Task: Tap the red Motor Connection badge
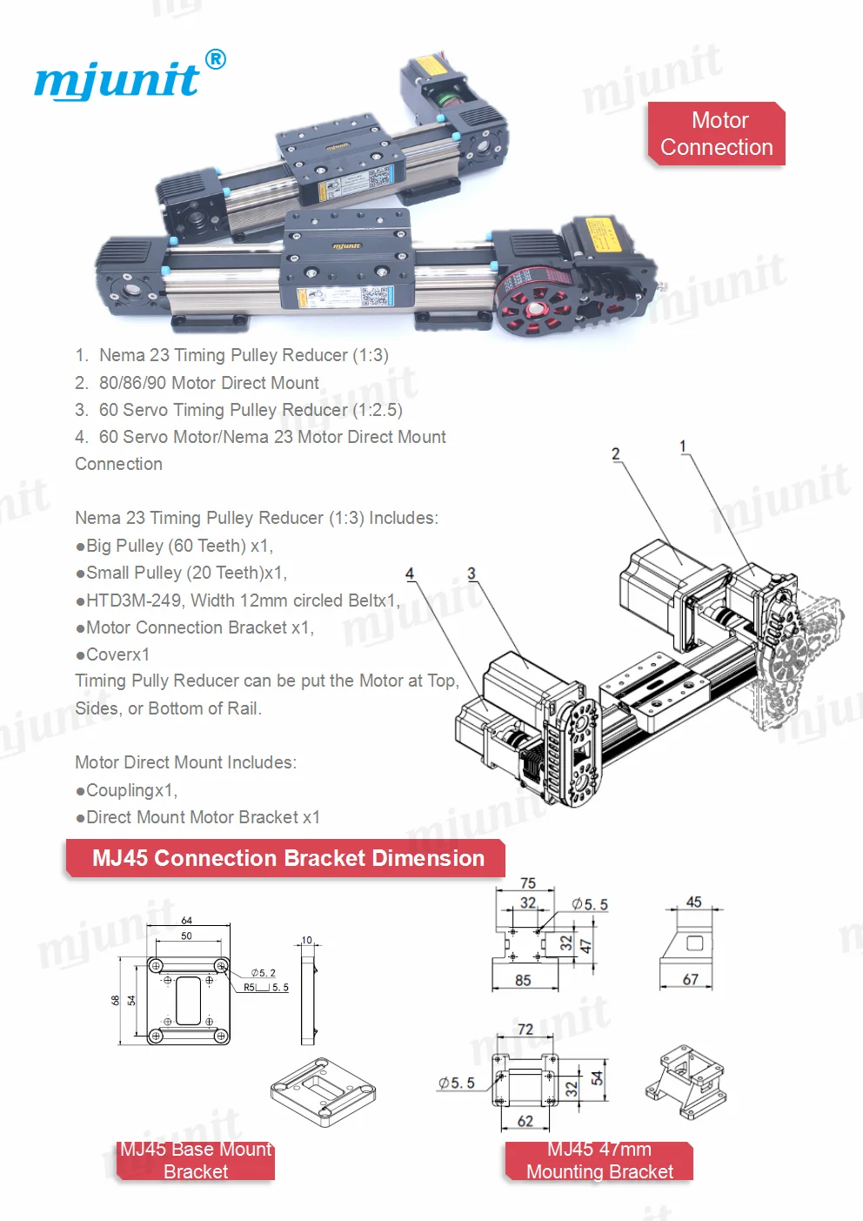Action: [716, 134]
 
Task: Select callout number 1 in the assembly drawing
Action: [683, 446]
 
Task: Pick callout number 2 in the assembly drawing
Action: [616, 454]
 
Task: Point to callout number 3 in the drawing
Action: [472, 574]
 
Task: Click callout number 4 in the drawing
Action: [410, 574]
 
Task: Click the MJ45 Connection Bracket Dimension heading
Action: [287, 858]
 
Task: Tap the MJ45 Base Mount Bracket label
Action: [196, 1160]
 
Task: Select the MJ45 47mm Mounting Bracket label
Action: [599, 1160]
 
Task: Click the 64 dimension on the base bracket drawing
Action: [186, 920]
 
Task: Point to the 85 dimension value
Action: [523, 980]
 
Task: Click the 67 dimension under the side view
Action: [691, 979]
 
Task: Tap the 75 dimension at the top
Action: [528, 882]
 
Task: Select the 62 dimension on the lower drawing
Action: [525, 1121]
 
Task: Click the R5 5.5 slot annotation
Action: [266, 988]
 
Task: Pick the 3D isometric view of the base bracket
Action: [323, 1091]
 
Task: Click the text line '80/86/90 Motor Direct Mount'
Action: [209, 383]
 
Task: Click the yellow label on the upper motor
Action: [429, 67]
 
